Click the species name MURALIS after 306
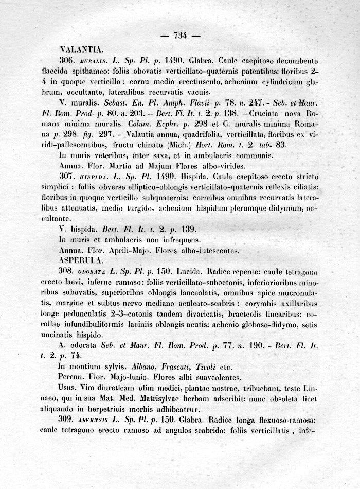tap(91, 61)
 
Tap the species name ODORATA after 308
tap(93, 271)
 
